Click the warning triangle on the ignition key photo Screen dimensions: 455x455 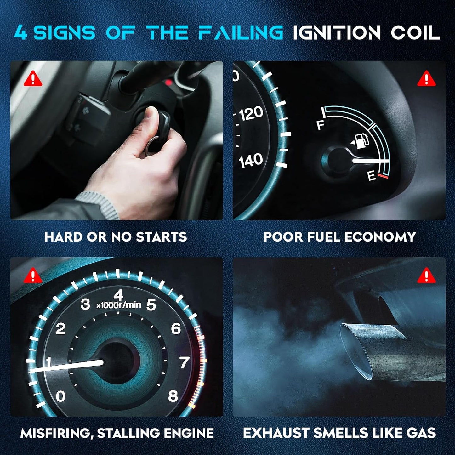[33, 78]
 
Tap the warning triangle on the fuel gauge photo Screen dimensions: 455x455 [426, 78]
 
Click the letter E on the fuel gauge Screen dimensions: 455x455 [372, 176]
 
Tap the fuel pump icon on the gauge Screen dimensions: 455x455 [360, 141]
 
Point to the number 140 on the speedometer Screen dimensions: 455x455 [251, 160]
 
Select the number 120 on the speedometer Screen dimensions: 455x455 [251, 113]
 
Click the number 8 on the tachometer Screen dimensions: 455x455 [173, 396]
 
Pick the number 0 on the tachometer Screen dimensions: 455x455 [60, 396]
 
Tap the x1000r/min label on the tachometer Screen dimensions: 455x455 [119, 305]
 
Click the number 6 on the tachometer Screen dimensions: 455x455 [176, 328]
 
